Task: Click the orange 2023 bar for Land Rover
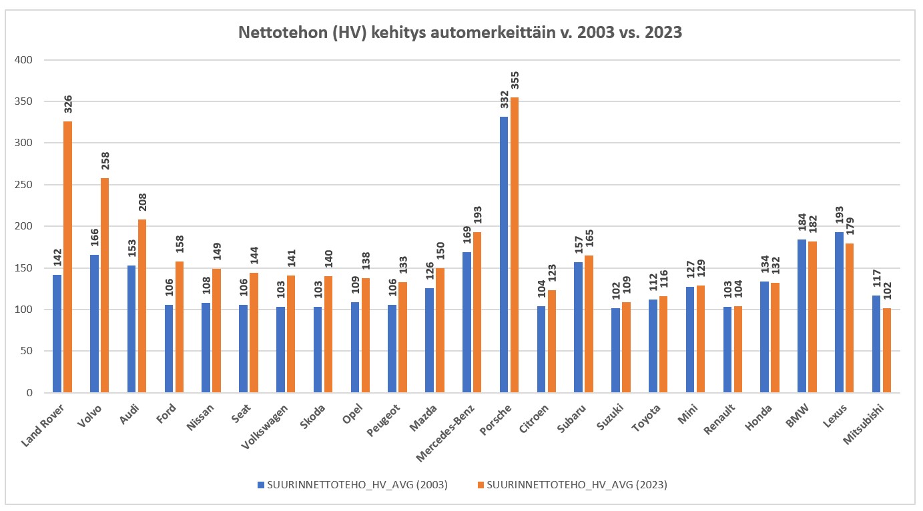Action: click(67, 257)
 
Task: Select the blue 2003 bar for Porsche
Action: click(504, 254)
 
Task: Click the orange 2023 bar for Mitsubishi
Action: click(886, 350)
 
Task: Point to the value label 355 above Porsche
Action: click(515, 81)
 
